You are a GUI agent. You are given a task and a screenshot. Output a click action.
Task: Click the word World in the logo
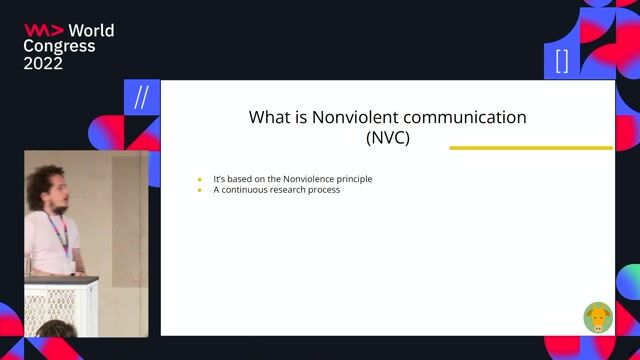point(91,30)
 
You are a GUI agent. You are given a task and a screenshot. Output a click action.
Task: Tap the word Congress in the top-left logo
point(60,46)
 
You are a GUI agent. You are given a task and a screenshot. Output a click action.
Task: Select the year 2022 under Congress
point(43,63)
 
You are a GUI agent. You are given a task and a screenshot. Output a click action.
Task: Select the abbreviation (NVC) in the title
point(388,138)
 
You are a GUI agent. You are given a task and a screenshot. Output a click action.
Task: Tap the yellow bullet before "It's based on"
point(200,179)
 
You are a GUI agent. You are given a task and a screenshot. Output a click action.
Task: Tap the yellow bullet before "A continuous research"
point(200,190)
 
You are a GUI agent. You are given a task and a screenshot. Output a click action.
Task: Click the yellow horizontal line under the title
point(530,148)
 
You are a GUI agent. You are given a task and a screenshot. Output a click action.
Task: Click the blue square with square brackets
point(562,61)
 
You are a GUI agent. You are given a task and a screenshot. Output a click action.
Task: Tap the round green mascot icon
point(598,318)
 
